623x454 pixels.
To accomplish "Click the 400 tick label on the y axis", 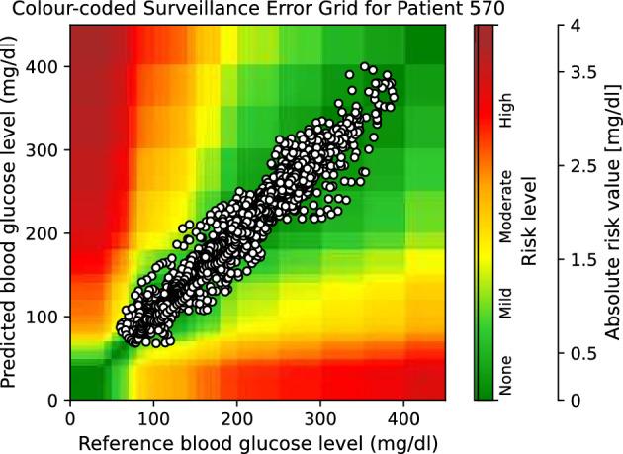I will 47,66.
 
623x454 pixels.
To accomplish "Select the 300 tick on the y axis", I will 47,149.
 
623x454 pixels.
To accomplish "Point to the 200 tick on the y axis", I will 47,233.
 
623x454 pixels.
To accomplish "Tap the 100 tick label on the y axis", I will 47,317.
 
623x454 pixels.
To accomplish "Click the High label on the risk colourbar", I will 506,120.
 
